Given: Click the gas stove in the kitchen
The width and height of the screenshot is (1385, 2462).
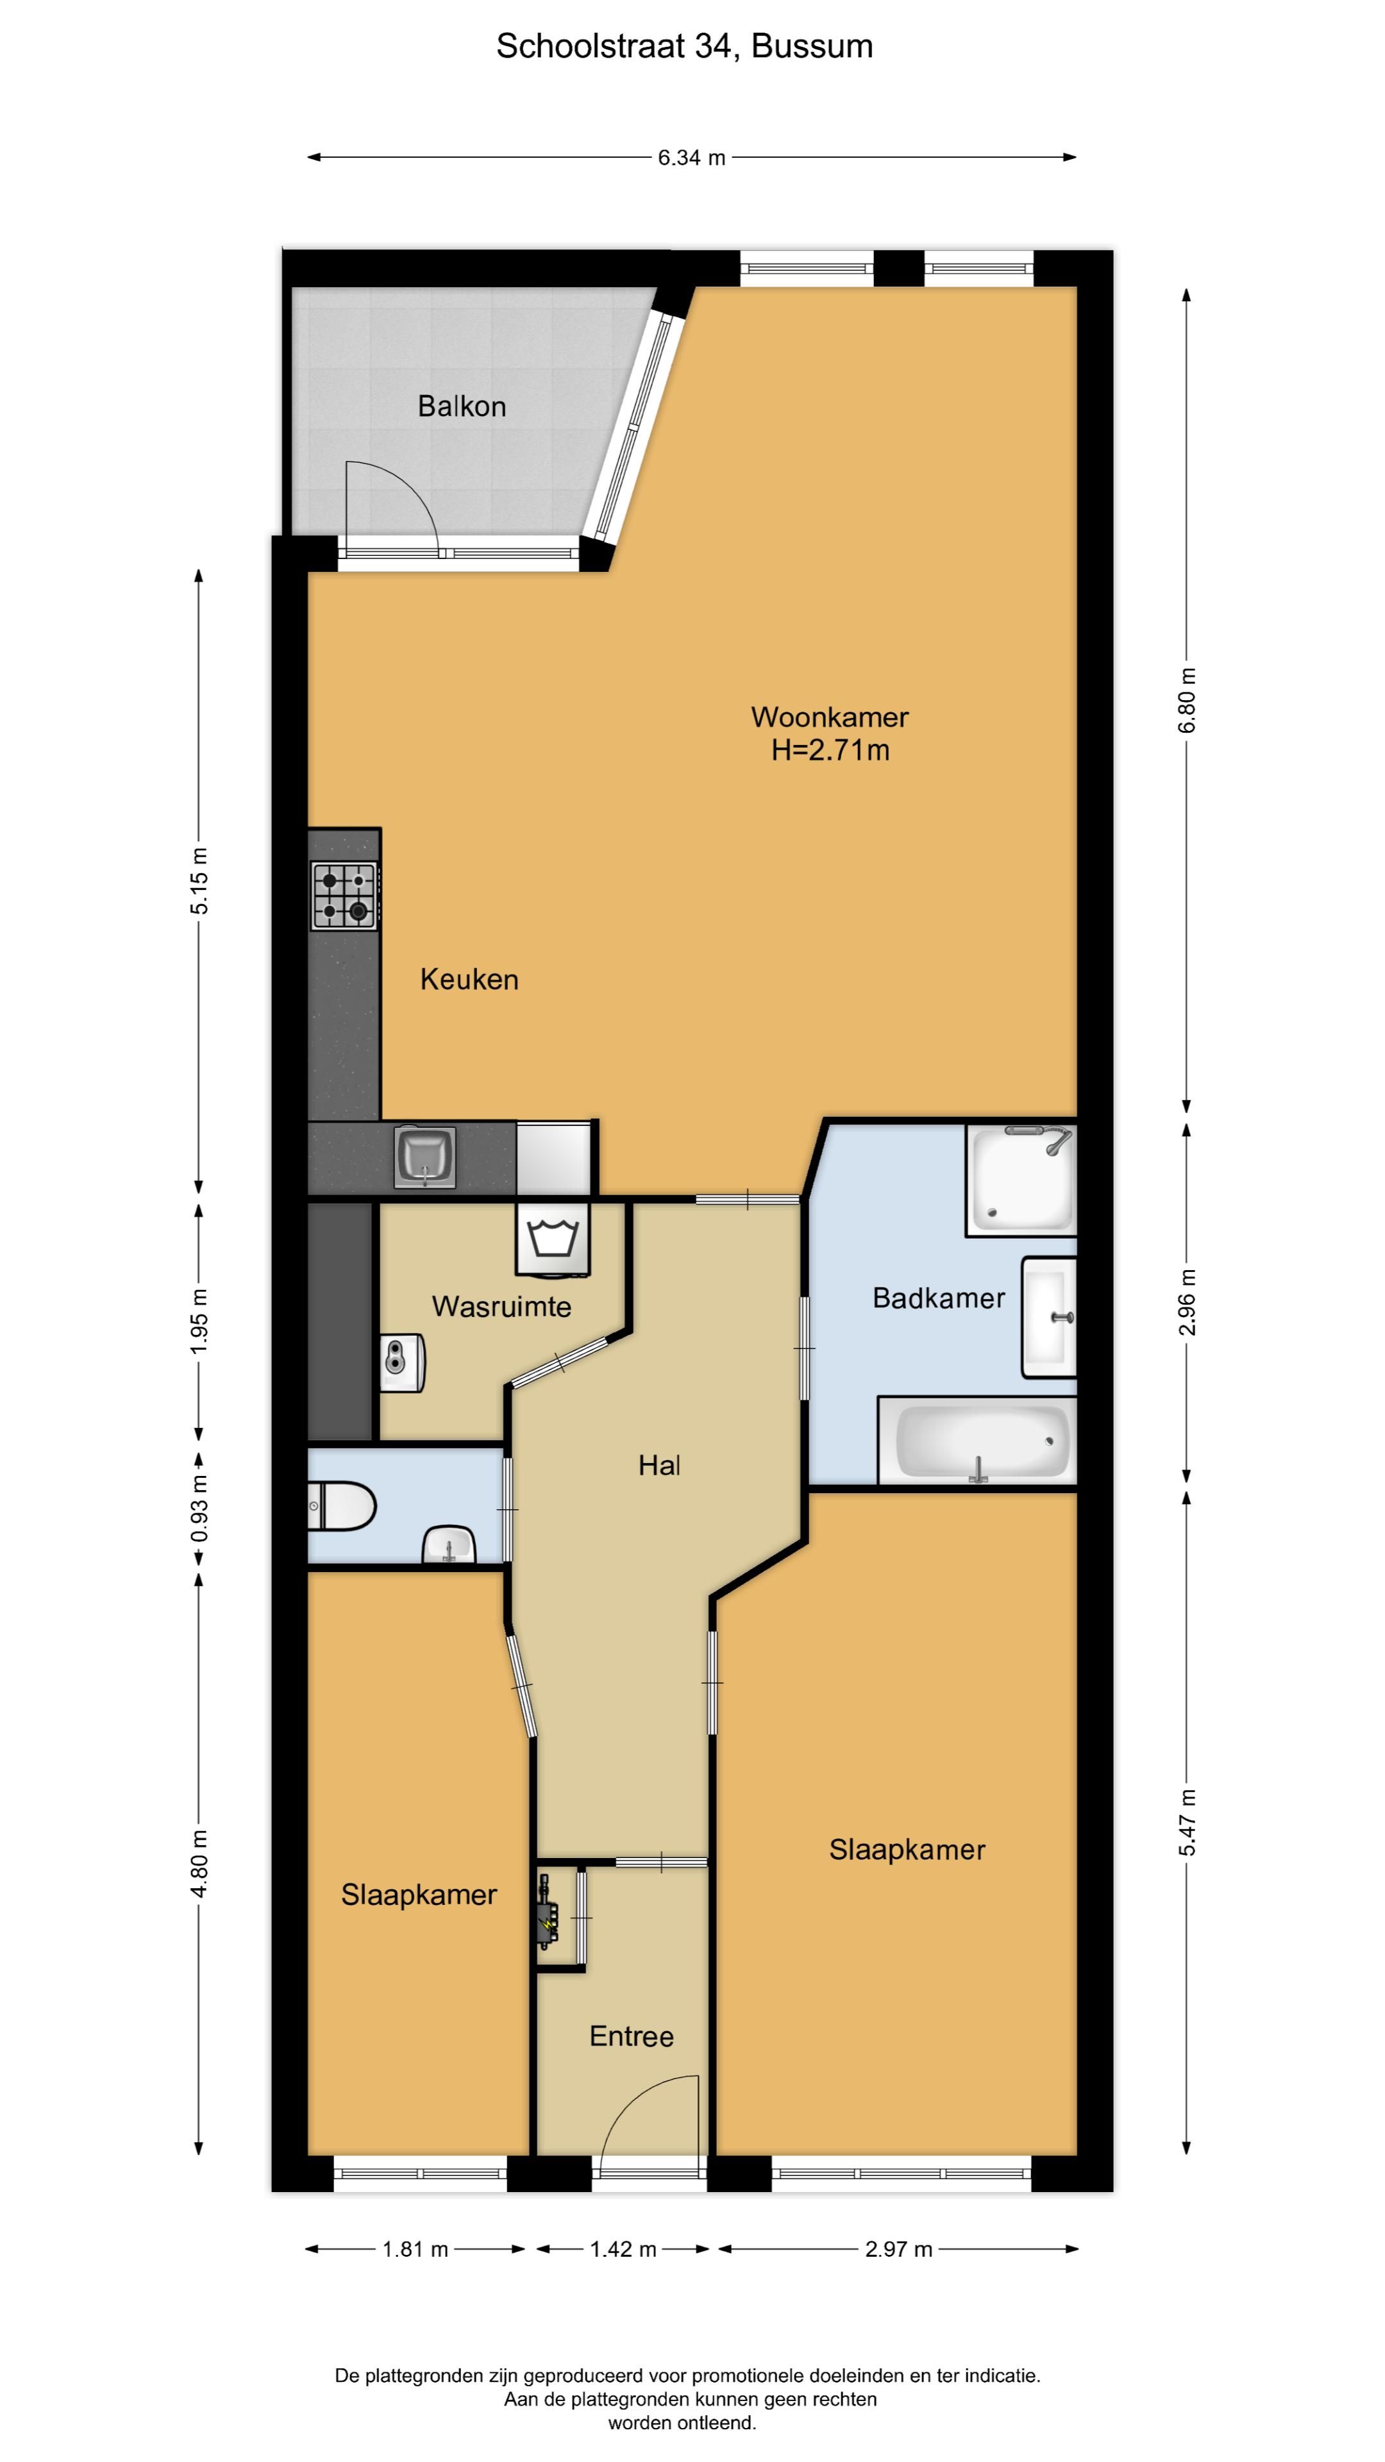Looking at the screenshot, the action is click(344, 896).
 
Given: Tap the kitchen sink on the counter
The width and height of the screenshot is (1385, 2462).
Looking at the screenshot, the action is click(425, 1157).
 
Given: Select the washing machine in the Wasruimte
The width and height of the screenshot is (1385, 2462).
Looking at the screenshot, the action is click(553, 1239).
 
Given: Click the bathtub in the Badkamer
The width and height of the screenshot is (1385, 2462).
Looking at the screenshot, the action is click(977, 1440).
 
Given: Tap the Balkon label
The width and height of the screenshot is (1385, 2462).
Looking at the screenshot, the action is click(462, 406).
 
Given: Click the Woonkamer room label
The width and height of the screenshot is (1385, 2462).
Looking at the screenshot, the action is click(830, 717).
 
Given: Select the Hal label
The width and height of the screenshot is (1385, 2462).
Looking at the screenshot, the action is click(660, 1465).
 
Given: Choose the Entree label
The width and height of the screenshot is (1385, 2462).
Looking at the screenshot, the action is click(631, 2037).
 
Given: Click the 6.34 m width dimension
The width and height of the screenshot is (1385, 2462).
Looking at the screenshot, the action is click(691, 158).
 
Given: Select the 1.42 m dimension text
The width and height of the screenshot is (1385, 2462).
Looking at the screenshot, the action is click(623, 2250).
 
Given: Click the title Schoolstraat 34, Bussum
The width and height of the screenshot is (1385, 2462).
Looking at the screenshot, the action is click(684, 46).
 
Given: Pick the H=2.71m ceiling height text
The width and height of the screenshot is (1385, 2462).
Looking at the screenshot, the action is click(830, 750).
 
